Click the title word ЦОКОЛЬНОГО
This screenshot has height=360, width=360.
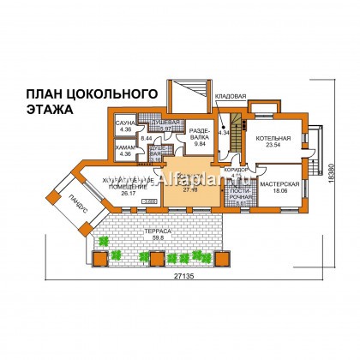point(105,93)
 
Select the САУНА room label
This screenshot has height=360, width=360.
point(125,124)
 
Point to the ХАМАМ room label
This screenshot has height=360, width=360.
point(125,148)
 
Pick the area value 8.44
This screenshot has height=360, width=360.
point(146,137)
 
